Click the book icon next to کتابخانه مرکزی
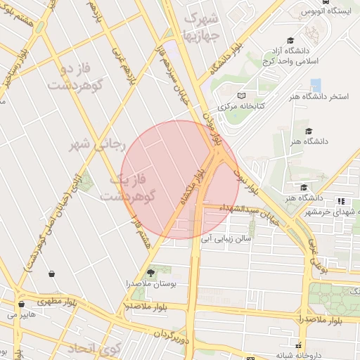point(241,96)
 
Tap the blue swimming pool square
point(316,84)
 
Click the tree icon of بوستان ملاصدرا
point(150,271)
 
